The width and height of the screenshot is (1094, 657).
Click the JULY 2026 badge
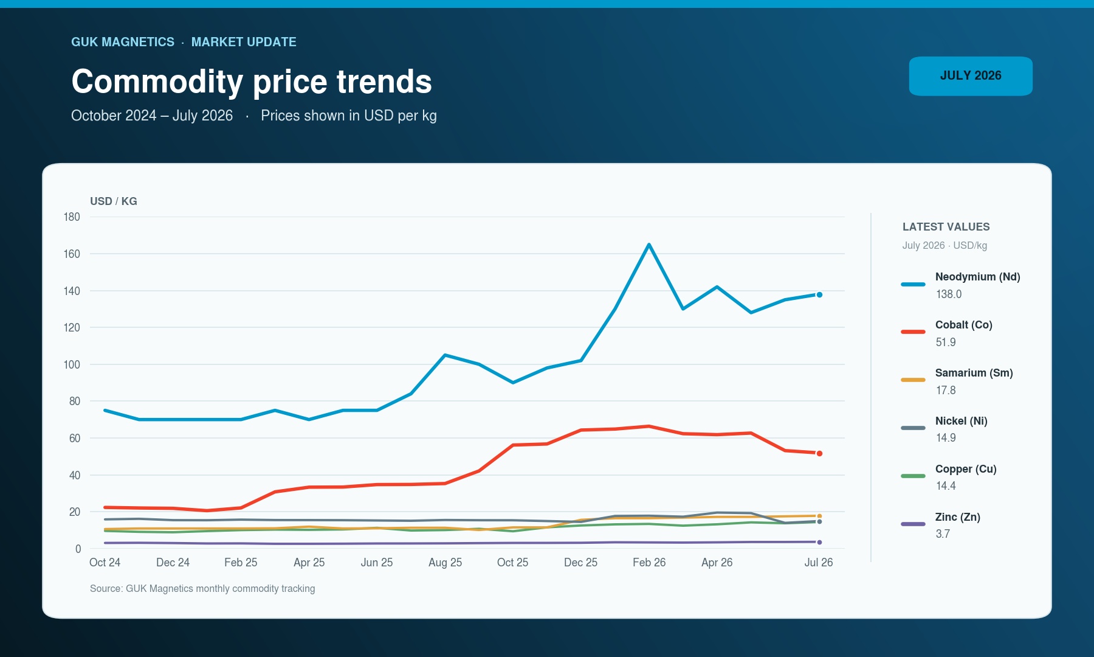click(971, 76)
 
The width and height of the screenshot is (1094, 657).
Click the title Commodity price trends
click(252, 82)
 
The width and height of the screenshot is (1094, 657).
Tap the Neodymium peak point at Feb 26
click(649, 245)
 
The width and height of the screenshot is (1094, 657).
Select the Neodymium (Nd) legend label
click(977, 277)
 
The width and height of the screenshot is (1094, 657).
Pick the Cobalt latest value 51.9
click(946, 342)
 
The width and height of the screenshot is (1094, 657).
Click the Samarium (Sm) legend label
click(974, 373)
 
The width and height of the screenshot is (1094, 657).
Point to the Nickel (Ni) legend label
click(961, 421)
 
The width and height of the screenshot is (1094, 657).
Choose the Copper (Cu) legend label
click(966, 469)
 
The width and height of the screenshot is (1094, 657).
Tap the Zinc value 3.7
click(943, 534)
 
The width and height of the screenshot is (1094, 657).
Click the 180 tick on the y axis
click(72, 217)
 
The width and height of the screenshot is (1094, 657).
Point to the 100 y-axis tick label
click(72, 364)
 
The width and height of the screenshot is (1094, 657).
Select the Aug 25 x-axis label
click(445, 563)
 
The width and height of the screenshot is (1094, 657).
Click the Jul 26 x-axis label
click(819, 563)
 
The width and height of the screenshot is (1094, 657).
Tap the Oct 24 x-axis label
click(105, 563)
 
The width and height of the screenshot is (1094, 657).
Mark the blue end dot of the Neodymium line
click(819, 295)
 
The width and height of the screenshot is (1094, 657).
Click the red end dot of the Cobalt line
click(819, 454)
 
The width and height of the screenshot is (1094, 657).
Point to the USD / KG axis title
click(114, 201)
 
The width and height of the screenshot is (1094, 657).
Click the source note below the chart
click(202, 589)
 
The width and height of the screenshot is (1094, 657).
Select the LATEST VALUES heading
click(946, 227)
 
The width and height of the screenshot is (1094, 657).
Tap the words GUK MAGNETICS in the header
click(123, 42)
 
